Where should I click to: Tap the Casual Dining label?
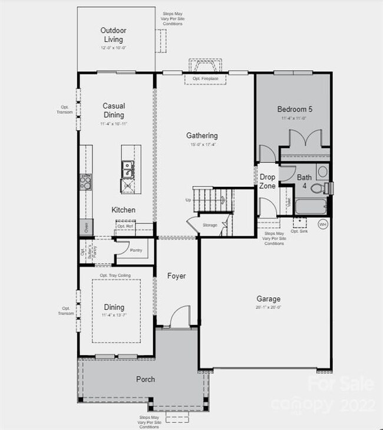(x=114, y=110)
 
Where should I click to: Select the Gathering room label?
(x=202, y=136)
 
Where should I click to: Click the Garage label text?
(x=268, y=299)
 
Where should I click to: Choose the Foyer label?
(x=177, y=276)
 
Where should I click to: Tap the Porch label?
(x=145, y=379)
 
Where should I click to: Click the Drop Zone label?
(x=268, y=181)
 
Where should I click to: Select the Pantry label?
(x=136, y=251)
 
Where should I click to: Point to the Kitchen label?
(x=124, y=210)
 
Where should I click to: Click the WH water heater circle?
(x=322, y=224)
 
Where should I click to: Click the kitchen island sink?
(x=127, y=169)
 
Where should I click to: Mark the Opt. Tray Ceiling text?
(x=115, y=275)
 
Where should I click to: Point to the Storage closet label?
(x=210, y=225)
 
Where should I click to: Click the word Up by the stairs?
(x=189, y=200)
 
